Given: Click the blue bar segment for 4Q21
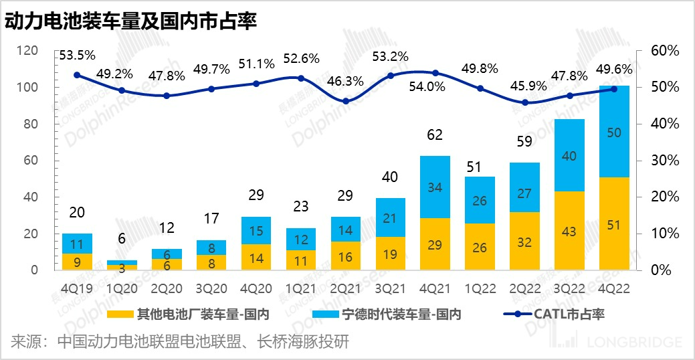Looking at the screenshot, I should (x=435, y=187).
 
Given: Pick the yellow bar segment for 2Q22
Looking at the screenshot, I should (x=524, y=241).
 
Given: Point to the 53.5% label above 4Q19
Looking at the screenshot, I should (x=77, y=55).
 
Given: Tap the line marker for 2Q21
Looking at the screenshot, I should (x=345, y=101).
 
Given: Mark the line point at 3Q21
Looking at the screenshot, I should (x=391, y=76).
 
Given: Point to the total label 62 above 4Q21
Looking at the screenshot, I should (x=435, y=135).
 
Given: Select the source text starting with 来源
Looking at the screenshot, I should (x=179, y=343).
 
